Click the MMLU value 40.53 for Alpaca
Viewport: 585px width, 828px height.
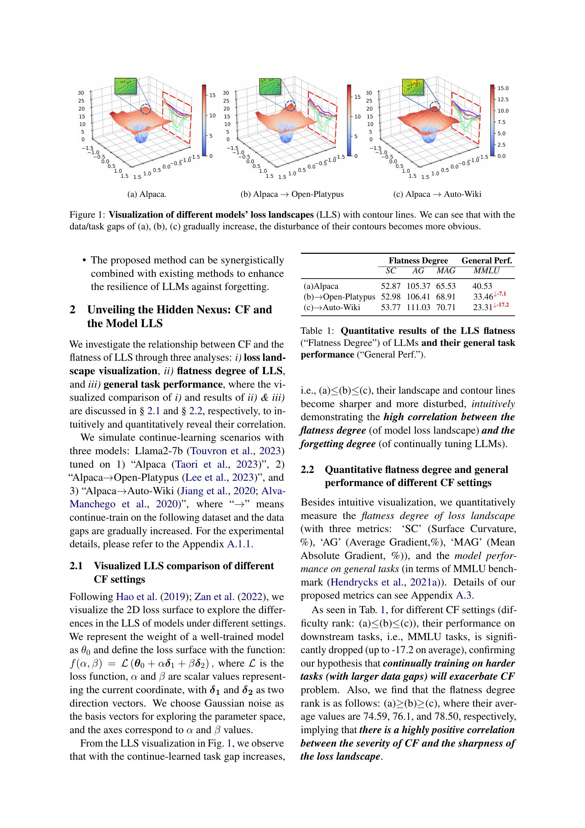[x=482, y=286]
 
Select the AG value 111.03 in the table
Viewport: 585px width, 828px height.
[x=418, y=307]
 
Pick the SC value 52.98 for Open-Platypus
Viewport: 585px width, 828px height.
[x=391, y=297]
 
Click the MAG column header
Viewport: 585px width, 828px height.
[x=446, y=270]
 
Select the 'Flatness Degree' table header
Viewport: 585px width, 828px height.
[x=418, y=261]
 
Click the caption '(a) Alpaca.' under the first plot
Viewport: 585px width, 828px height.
[x=147, y=194]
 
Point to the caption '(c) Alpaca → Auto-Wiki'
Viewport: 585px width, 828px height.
[x=437, y=194]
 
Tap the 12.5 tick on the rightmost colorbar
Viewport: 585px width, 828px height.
[x=503, y=99]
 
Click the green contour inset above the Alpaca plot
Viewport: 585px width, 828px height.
[x=125, y=87]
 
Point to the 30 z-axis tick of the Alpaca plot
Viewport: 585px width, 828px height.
[x=81, y=92]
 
